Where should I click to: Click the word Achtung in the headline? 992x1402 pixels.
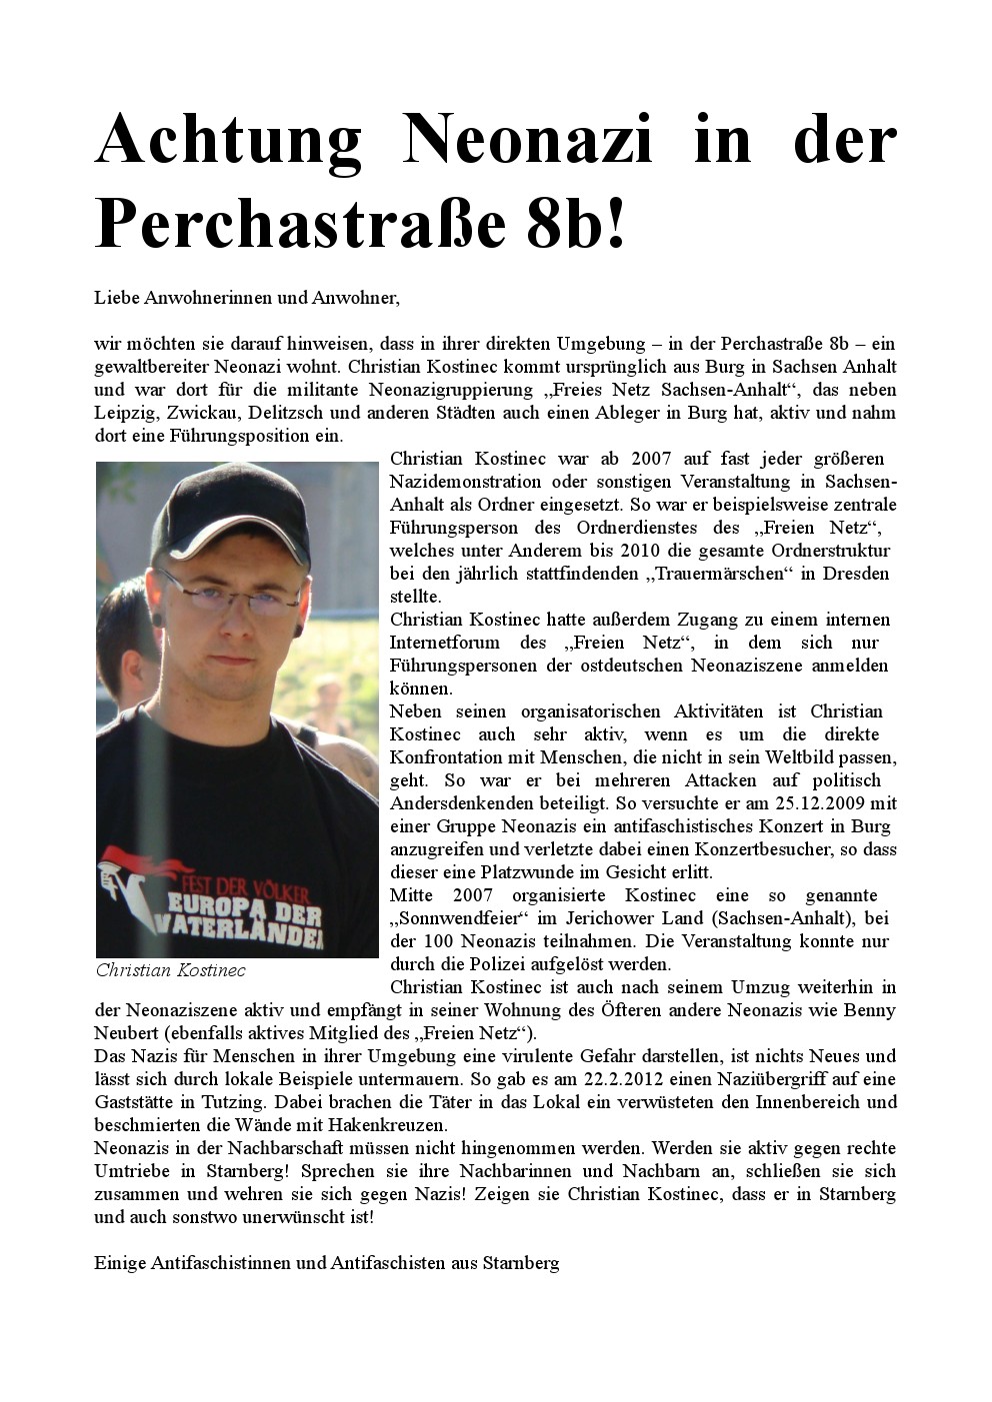(228, 139)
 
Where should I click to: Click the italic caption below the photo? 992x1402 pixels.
(170, 970)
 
